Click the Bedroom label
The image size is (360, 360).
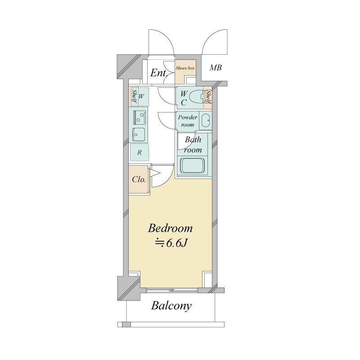[x=170, y=228]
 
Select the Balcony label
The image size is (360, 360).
[x=171, y=306]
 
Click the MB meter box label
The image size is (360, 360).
[x=216, y=68]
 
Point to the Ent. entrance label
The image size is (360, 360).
[x=158, y=73]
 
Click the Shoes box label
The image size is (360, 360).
[x=185, y=68]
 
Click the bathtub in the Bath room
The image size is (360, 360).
[x=193, y=166]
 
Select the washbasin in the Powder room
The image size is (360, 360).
[x=206, y=121]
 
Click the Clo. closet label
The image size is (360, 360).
[x=139, y=180]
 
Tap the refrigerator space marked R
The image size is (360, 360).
[x=139, y=152]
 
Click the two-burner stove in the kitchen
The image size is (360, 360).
[x=139, y=117]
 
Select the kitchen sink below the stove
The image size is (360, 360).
[x=139, y=135]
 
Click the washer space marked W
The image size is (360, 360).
[x=140, y=97]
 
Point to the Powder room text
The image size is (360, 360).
[x=188, y=121]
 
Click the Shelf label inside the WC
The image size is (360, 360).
[x=208, y=97]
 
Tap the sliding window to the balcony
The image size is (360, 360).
[x=172, y=290]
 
